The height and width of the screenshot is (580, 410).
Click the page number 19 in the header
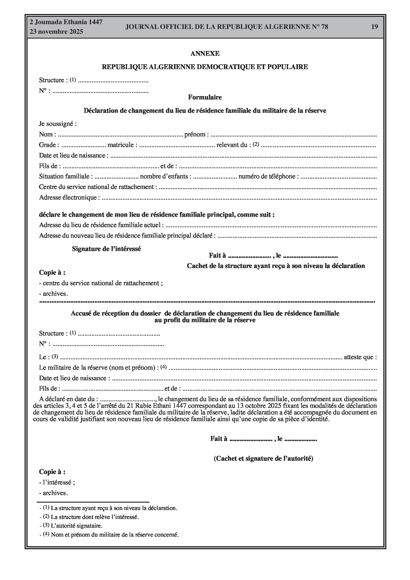pyautogui.click(x=374, y=27)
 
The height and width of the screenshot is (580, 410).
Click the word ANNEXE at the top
pyautogui.click(x=205, y=53)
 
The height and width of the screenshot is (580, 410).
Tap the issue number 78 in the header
pyautogui.click(x=324, y=27)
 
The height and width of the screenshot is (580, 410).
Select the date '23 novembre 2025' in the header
pyautogui.click(x=56, y=32)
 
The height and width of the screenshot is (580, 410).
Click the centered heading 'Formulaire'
pyautogui.click(x=205, y=97)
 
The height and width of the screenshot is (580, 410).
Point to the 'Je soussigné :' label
pyautogui.click(x=58, y=124)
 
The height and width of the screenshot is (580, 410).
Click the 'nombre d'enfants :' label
pyautogui.click(x=165, y=176)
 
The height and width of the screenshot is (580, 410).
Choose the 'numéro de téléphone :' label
pyautogui.click(x=269, y=176)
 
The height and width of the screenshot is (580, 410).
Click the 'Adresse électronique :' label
pyautogui.click(x=69, y=197)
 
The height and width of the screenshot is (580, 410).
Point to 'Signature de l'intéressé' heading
pyautogui.click(x=106, y=249)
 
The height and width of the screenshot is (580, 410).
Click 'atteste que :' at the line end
pyautogui.click(x=360, y=357)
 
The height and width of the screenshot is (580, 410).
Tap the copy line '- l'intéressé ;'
pyautogui.click(x=57, y=482)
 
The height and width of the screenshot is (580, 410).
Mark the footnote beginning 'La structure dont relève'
pyautogui.click(x=95, y=517)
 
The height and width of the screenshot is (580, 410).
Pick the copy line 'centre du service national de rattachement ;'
pyautogui.click(x=101, y=283)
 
